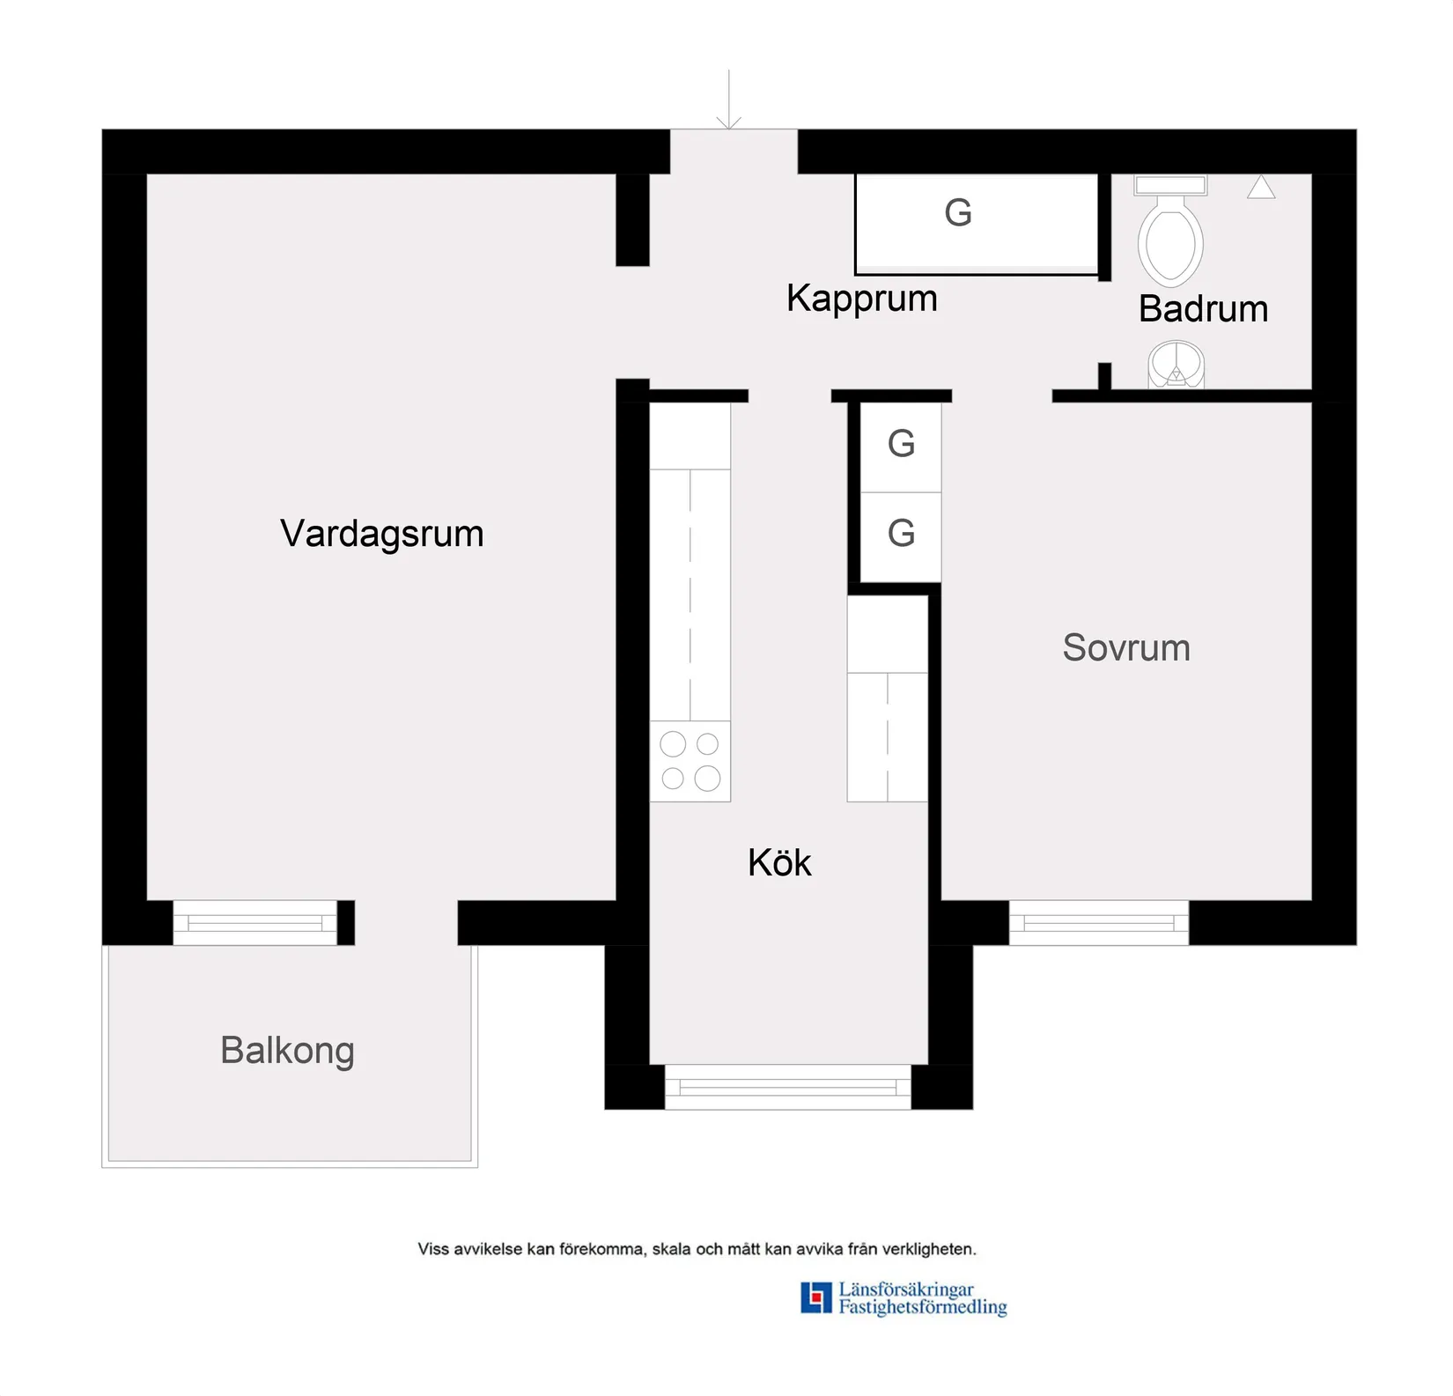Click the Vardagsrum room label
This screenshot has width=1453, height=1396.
381,534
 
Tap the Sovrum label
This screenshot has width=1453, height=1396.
1125,648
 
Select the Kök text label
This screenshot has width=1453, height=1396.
778,862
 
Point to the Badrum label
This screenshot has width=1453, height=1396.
1202,309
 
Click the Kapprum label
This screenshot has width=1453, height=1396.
861,299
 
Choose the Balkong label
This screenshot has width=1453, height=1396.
287,1051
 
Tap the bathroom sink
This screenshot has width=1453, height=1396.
1176,365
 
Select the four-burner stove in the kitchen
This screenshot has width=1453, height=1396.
690,761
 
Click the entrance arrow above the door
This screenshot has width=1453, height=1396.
728,101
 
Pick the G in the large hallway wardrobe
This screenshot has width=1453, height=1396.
957,213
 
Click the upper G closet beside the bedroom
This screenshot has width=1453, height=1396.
900,444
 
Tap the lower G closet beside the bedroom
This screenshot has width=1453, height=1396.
900,534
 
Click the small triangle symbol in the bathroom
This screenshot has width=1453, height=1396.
1260,188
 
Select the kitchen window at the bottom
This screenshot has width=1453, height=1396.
787,1087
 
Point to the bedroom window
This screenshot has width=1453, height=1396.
1098,923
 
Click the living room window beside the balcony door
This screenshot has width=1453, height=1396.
254,923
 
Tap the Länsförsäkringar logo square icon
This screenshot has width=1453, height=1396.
815,1297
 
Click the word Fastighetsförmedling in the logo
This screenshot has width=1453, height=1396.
922,1307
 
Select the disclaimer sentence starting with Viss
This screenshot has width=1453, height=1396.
697,1249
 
